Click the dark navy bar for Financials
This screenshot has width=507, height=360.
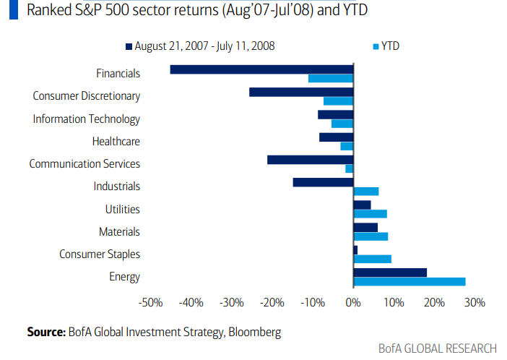point(261,69)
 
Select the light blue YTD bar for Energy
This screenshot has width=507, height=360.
point(409,281)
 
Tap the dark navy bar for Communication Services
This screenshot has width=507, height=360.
point(310,160)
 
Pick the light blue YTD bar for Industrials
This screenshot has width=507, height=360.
point(365,191)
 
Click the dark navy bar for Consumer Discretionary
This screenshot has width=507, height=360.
point(301,92)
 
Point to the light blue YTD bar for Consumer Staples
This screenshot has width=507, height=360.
point(372,259)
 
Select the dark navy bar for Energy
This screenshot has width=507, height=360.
point(389,273)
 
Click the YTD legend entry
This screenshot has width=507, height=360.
point(391,46)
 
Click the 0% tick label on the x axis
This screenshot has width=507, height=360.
point(352,303)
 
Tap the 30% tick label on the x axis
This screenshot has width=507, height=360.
point(474,303)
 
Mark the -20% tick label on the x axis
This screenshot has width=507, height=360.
point(272,303)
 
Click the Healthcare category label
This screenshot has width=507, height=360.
point(116,142)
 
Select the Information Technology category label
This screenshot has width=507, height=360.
point(87,119)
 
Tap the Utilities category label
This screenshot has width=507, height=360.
point(122,210)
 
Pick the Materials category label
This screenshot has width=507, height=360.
point(119,232)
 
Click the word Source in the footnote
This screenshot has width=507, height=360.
point(46,332)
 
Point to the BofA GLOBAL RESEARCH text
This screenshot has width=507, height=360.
point(438,348)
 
